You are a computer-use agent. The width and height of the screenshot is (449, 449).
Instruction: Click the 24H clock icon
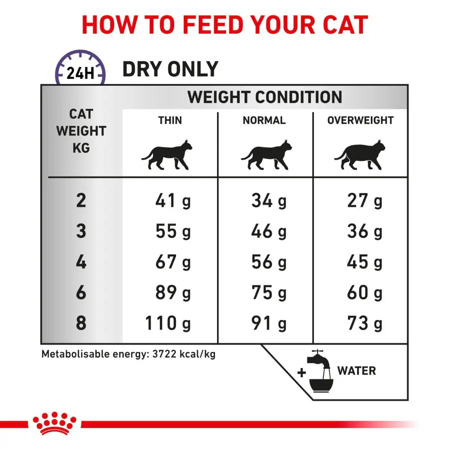80,68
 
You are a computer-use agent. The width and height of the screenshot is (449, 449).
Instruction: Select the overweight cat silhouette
360,155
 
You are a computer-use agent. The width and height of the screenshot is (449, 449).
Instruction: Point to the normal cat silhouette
266,155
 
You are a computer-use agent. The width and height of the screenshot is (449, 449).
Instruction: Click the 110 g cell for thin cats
168,323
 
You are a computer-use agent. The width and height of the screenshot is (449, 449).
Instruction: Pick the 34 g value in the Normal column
269,201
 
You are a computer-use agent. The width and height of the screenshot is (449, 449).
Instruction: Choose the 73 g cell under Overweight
365,323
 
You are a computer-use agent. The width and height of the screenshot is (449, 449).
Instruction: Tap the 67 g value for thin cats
173,262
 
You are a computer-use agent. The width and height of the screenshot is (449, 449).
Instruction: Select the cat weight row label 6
81,293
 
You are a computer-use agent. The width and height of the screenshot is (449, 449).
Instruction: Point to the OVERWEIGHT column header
360,121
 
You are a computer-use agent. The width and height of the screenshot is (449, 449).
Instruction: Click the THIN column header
170,121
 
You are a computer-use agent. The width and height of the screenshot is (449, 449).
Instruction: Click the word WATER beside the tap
356,371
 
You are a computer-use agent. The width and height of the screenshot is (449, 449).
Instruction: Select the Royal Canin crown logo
54,423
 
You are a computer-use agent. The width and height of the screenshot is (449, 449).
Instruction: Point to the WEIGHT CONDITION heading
264,97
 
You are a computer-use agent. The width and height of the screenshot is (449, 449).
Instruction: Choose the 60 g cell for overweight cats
365,293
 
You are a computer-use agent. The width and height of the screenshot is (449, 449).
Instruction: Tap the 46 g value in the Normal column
269,232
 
